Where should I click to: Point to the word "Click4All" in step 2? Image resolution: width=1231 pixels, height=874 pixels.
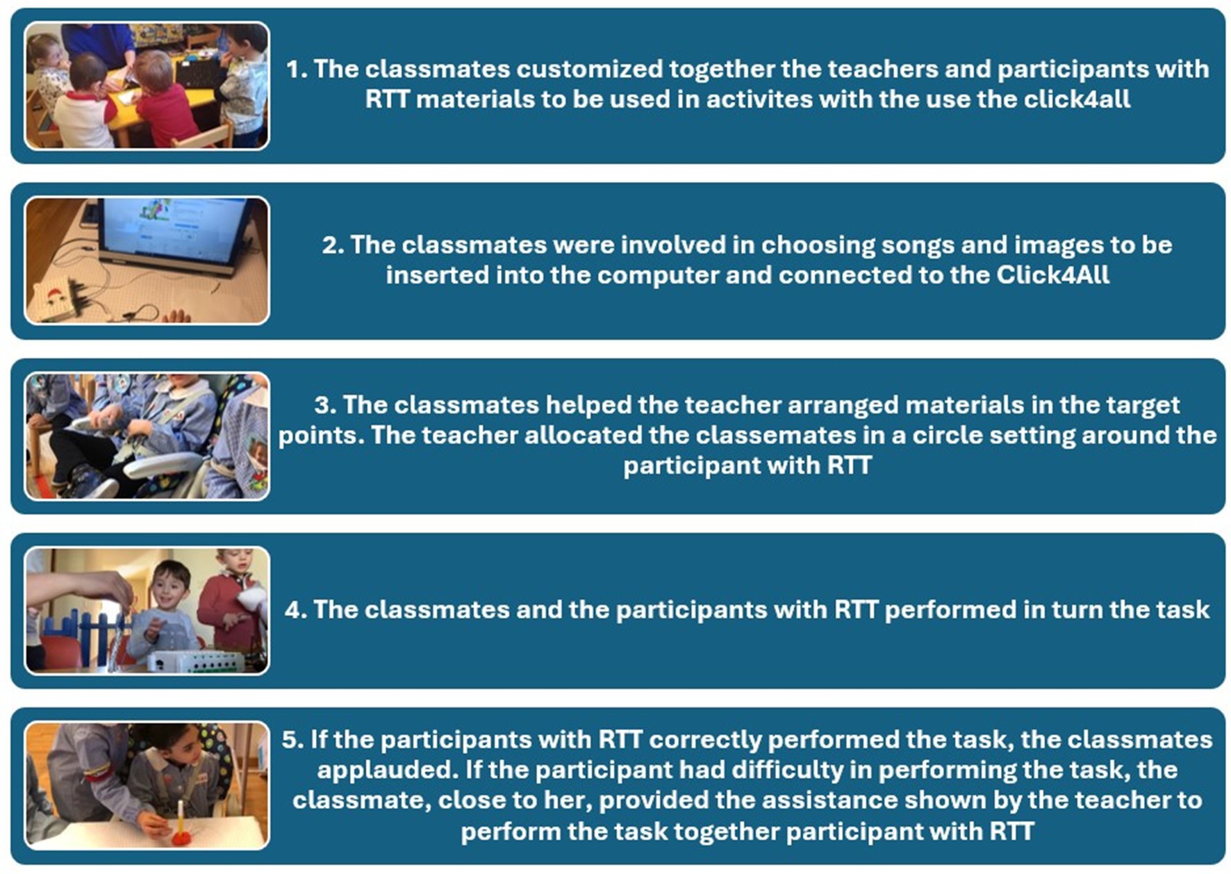pyautogui.click(x=1052, y=275)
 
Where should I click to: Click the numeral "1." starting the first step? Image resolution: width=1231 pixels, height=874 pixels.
pyautogui.click(x=297, y=69)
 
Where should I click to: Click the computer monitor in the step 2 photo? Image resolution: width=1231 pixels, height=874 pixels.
pyautogui.click(x=174, y=235)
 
